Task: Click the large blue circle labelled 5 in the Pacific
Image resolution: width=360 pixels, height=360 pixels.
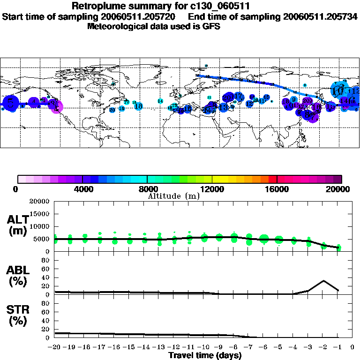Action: click(10, 103)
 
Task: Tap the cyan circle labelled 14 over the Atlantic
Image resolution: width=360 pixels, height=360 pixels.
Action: click(160, 101)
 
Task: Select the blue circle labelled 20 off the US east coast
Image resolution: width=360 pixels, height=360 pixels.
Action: click(112, 110)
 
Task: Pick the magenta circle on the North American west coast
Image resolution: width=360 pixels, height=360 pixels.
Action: click(56, 107)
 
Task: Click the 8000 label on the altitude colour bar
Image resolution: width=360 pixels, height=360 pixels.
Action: click(147, 189)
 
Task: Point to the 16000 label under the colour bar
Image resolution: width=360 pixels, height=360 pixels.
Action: click(277, 189)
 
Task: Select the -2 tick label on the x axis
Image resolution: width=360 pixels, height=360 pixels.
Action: click(323, 347)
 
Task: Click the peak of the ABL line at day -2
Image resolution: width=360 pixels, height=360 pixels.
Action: click(323, 281)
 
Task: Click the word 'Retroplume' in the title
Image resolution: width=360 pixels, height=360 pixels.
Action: click(95, 7)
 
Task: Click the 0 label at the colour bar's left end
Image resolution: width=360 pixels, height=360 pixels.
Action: click(16, 189)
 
